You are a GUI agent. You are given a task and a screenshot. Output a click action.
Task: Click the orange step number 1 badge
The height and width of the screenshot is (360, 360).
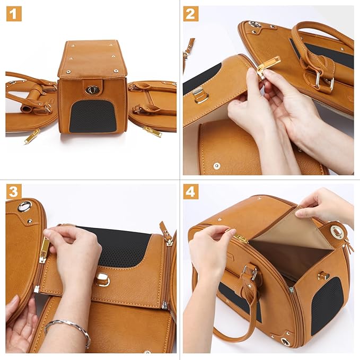14,14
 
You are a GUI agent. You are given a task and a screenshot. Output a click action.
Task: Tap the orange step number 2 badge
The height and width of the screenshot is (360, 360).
191,14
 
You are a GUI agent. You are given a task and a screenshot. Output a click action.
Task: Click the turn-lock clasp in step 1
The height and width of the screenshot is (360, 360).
91,90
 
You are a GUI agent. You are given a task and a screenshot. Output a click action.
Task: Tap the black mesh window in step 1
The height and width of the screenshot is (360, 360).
92,116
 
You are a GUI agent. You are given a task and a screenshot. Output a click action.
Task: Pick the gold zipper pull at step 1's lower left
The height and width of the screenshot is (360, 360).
31,136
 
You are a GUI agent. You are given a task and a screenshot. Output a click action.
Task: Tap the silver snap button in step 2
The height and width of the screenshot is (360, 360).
216,166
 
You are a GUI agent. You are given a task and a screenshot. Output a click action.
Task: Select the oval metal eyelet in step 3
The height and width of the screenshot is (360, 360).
24,206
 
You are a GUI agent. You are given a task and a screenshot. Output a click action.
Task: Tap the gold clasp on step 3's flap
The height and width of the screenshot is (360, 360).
103,279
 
